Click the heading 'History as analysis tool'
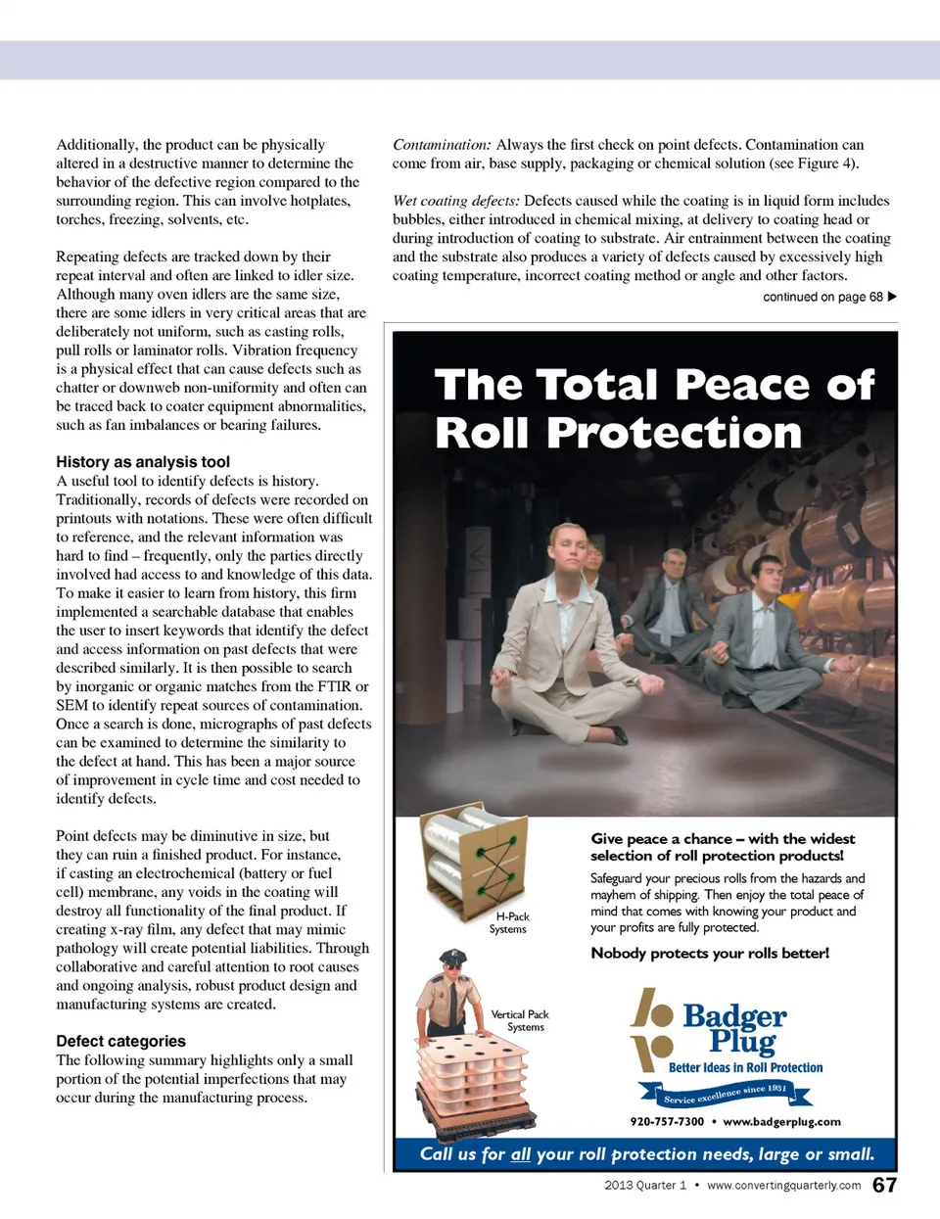click(143, 462)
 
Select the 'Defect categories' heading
click(120, 1042)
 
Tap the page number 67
click(884, 1186)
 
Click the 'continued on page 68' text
click(822, 297)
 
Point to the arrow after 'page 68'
click(892, 297)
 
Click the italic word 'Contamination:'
click(442, 145)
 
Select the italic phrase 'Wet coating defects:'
click(455, 201)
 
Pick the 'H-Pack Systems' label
click(509, 923)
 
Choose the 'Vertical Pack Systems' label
click(520, 1021)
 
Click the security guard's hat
click(453, 957)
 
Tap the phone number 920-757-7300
click(667, 1122)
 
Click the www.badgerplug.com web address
click(781, 1122)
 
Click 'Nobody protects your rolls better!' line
click(710, 954)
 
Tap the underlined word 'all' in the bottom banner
click(521, 1154)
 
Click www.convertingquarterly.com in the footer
click(783, 1186)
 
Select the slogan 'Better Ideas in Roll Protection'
click(745, 1068)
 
